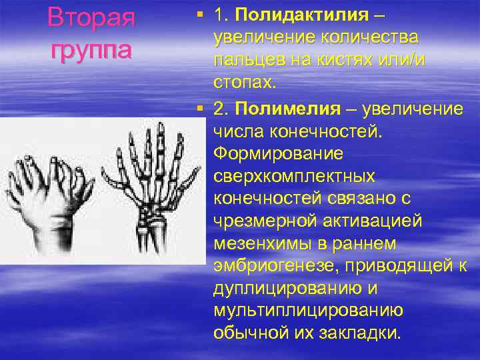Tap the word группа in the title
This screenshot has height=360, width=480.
[91, 49]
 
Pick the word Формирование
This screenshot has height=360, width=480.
[279, 153]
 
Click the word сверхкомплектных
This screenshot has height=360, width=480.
[294, 176]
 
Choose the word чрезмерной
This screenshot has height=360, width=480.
[254, 222]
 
